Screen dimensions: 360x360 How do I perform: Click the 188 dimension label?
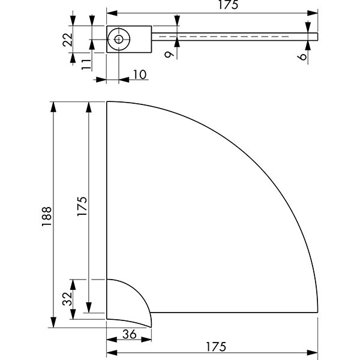47,216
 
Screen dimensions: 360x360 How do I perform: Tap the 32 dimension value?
67,299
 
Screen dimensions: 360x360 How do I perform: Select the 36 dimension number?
130,334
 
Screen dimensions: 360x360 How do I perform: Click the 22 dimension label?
67,40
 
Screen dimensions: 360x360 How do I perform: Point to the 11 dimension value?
86,64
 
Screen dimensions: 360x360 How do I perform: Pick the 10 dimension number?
139,74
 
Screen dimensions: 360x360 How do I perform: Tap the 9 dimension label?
169,55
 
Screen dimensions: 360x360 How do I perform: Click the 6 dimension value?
302,57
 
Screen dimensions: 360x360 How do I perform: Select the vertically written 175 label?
82,206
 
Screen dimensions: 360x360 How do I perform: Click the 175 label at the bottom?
216,347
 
